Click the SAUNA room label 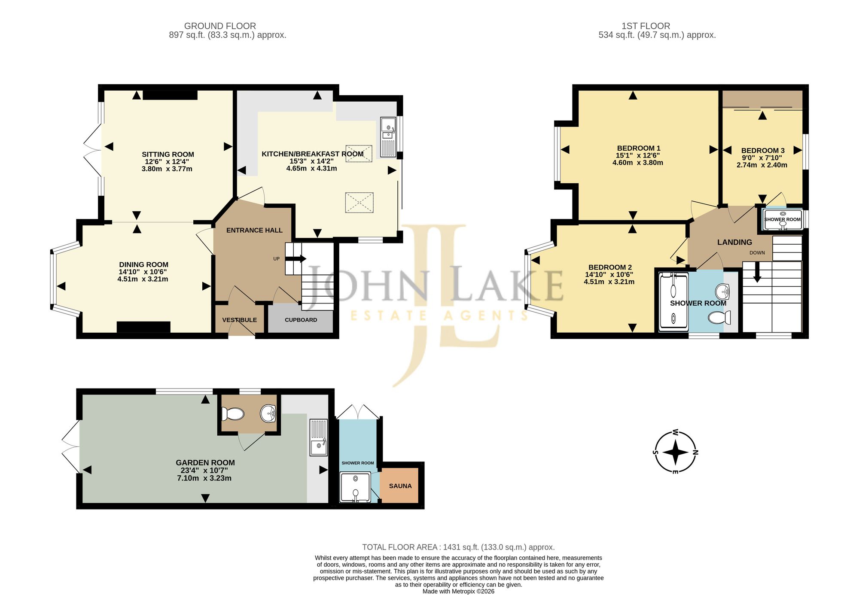pos(400,486)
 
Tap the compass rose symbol pos(675,452)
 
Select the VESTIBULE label pos(239,320)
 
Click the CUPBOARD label pos(301,320)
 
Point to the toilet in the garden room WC pos(233,414)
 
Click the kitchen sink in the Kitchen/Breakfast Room pos(388,137)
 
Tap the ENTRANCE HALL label pos(254,230)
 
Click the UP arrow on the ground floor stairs pos(295,258)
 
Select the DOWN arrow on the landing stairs pos(757,272)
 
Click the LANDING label pos(734,242)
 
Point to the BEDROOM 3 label pos(763,151)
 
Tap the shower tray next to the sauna pos(355,487)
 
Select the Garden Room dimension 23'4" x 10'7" pos(204,471)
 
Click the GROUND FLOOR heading pos(220,26)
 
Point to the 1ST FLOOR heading pos(646,26)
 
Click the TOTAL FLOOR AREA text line pos(458,547)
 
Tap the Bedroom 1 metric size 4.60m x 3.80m pos(638,163)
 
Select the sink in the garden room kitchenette pos(318,437)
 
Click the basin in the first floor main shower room pos(723,292)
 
